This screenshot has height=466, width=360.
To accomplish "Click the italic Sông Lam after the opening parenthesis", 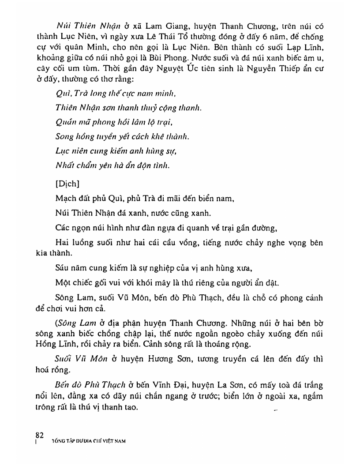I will tap(72, 323).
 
